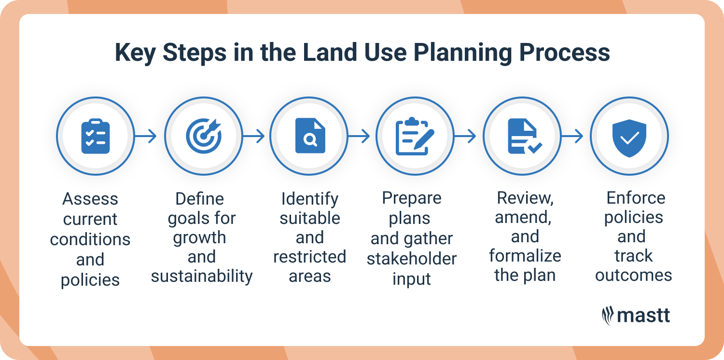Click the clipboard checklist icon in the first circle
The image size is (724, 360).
[95, 136]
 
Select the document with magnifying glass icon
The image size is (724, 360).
[309, 136]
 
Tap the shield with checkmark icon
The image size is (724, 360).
[629, 136]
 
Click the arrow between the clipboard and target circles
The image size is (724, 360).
[146, 137]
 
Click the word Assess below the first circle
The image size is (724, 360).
[90, 199]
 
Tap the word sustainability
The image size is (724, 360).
[202, 276]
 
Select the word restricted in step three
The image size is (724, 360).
[309, 257]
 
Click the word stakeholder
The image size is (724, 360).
[412, 259]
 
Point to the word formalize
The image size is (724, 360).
[525, 256]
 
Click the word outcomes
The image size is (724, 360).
[633, 275]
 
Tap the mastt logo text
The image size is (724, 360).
[644, 316]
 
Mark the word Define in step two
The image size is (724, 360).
[200, 199]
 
